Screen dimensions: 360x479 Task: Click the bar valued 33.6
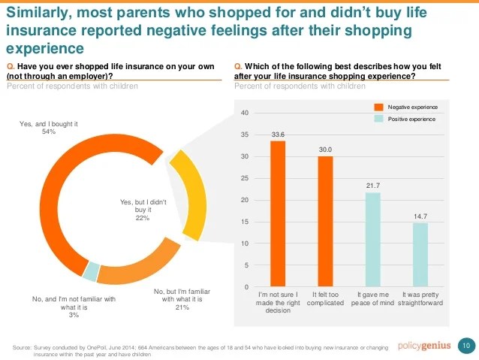[278, 214]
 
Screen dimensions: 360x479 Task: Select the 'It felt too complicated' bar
[325, 222]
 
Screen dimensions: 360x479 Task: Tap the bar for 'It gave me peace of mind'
[372, 240]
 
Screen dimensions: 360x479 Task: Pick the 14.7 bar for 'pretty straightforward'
[420, 255]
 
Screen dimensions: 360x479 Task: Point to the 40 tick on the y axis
[245, 113]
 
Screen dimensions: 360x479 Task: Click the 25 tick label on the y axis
[245, 178]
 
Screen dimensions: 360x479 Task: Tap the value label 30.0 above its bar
[325, 150]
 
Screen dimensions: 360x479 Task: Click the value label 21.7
[372, 186]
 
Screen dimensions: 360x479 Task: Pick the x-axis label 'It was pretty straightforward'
[420, 298]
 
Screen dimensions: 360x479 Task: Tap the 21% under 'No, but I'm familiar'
[182, 307]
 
